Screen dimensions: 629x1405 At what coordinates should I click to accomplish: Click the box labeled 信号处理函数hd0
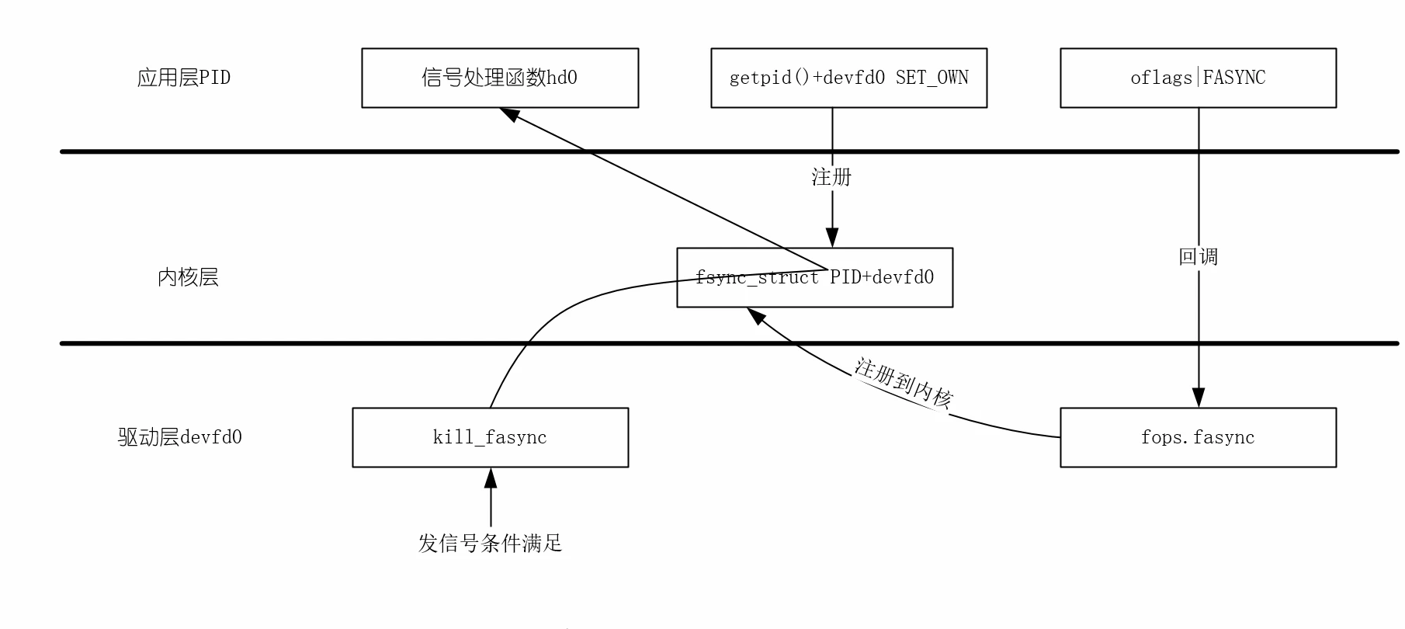[500, 78]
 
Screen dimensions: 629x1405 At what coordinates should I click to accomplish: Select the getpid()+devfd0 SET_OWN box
[848, 78]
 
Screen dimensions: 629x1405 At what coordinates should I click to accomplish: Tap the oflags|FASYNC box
[1198, 78]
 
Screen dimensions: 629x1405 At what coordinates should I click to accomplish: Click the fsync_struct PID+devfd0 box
[814, 277]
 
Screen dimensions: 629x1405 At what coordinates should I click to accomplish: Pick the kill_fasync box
[490, 437]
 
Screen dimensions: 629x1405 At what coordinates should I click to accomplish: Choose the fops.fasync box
[1198, 437]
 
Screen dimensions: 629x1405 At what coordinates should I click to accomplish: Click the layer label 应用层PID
[184, 78]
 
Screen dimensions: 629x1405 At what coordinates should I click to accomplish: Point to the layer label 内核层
[188, 277]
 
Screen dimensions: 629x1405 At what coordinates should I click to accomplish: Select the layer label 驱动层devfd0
[180, 437]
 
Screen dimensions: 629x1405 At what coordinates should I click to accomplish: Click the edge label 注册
[831, 177]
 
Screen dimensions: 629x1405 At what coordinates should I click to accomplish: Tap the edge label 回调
[1198, 256]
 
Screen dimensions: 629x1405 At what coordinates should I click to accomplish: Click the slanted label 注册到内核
[903, 383]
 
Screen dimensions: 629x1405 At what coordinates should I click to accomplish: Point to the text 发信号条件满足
[490, 543]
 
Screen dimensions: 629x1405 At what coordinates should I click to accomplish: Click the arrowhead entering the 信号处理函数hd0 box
[510, 114]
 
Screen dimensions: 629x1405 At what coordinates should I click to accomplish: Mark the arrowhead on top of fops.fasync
[1198, 398]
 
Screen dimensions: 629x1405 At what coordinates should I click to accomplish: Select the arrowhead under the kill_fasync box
[490, 478]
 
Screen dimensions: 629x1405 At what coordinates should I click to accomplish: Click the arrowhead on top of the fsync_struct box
[832, 238]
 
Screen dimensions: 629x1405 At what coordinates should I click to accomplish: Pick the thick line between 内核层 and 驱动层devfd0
[310, 343]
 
